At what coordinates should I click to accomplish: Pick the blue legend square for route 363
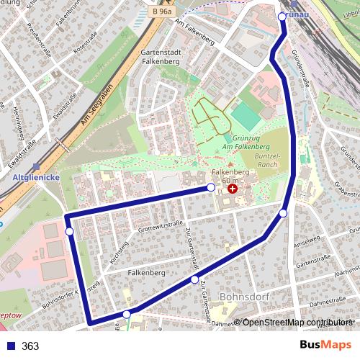(x=10, y=346)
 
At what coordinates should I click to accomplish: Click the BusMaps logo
(x=326, y=346)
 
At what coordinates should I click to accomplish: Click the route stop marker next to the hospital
(x=211, y=187)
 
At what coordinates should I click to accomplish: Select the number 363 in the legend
(x=30, y=346)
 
